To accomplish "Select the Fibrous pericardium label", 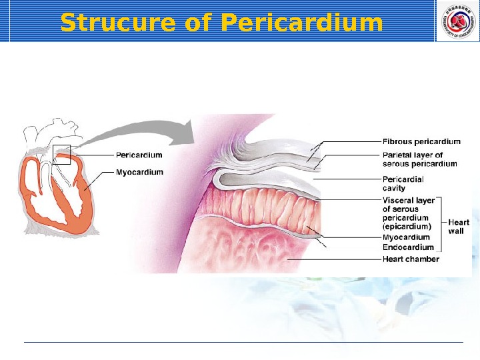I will point(421,141).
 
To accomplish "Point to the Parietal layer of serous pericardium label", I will point(420,159).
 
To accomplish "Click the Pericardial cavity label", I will point(403,183).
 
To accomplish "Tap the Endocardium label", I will point(408,247).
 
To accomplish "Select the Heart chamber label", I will point(411,259).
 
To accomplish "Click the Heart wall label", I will point(459,227).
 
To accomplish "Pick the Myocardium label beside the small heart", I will point(139,172).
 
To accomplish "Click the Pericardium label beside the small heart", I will point(139,155).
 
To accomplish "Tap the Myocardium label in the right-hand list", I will point(406,237).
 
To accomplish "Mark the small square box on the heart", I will point(62,154).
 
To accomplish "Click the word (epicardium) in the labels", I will point(407,227).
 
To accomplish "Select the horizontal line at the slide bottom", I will point(243,343).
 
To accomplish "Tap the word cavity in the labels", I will point(394,188).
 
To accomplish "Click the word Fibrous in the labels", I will point(397,141).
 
